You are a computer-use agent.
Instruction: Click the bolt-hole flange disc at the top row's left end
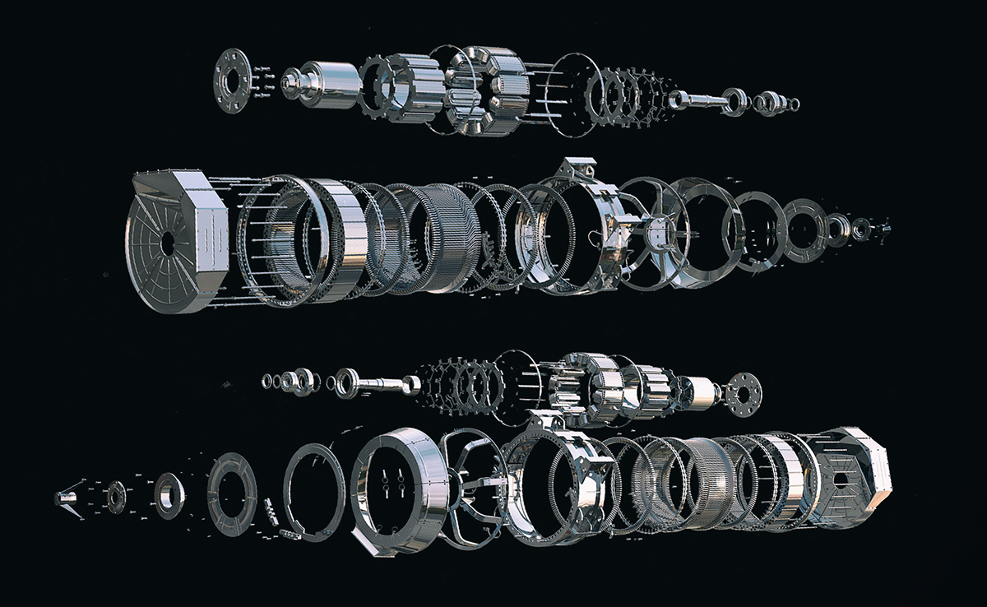(x=231, y=80)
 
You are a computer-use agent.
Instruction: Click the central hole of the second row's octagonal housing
(x=168, y=243)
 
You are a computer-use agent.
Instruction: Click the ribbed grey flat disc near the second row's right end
(x=802, y=229)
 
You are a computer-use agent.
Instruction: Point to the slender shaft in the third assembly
(x=382, y=382)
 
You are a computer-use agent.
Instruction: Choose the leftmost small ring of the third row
(x=266, y=380)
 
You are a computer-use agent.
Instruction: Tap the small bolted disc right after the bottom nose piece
(x=115, y=496)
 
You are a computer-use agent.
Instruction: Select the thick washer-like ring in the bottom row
(x=170, y=494)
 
